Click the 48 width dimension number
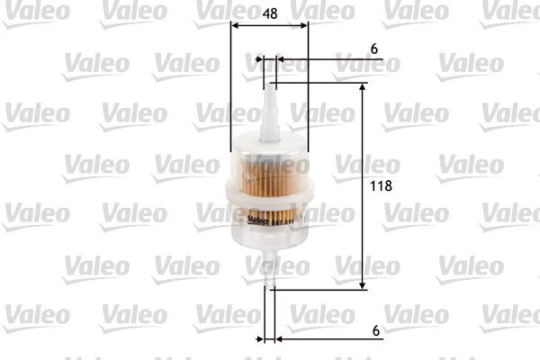point(269,14)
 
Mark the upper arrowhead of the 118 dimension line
point(364,88)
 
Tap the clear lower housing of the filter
point(268,238)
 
